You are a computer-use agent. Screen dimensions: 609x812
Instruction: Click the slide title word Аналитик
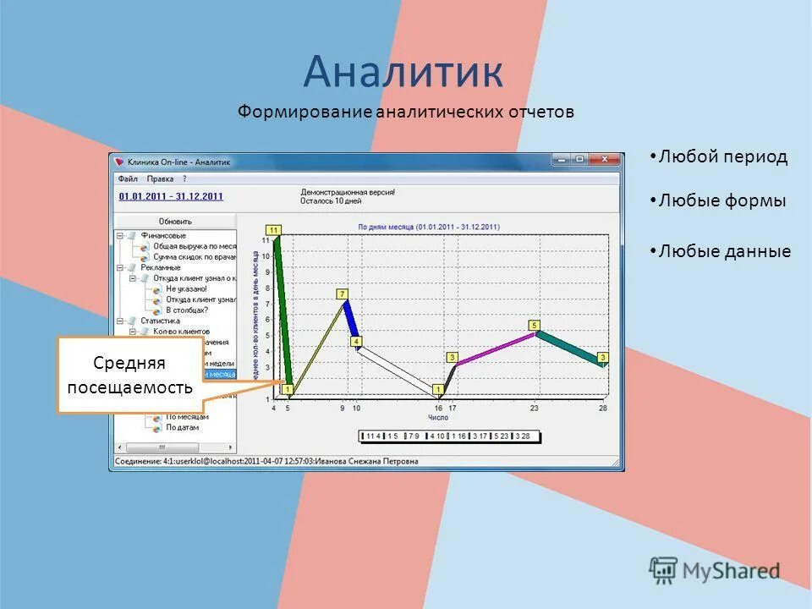point(403,72)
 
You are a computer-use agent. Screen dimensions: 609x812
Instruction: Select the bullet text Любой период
point(722,157)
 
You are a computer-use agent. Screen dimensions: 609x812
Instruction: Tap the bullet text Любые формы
point(722,201)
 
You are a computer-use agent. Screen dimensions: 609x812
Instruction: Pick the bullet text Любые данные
point(725,252)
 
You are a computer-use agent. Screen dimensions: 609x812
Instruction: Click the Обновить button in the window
point(175,222)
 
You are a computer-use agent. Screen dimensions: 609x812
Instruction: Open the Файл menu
point(128,179)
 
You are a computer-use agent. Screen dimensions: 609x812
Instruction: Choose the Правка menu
point(160,179)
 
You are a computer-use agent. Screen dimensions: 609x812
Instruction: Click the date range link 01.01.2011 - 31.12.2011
point(171,196)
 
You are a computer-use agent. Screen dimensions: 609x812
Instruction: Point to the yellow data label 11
point(273,229)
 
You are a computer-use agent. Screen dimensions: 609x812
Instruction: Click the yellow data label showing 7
point(343,294)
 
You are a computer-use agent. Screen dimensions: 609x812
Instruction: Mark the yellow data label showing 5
point(534,325)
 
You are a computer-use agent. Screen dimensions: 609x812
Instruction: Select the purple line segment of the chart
point(495,348)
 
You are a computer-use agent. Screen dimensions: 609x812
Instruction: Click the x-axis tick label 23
point(534,409)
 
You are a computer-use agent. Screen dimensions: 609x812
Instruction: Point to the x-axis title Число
point(438,418)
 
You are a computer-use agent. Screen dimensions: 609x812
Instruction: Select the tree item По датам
point(182,428)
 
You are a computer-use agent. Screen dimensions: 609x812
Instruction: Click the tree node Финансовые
point(163,235)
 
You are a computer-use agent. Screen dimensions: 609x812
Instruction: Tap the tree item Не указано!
point(186,288)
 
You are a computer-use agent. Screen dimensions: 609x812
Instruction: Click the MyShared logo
point(715,570)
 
